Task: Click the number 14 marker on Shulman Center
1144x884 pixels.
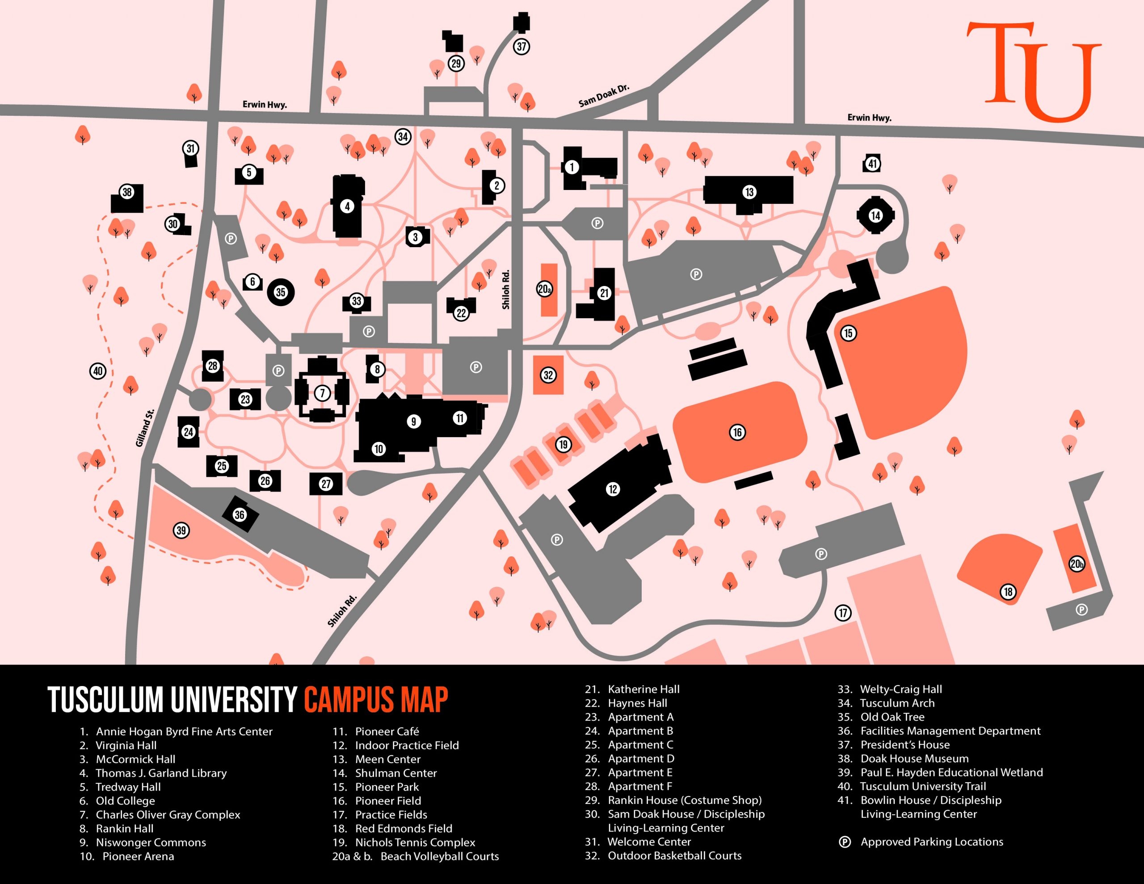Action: (x=875, y=215)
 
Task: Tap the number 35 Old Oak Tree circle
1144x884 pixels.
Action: (x=281, y=292)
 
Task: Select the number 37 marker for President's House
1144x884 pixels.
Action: (x=521, y=46)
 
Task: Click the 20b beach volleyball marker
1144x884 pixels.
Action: (x=1077, y=564)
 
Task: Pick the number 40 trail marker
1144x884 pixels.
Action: (x=98, y=371)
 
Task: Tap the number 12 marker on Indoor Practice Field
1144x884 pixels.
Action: (x=613, y=489)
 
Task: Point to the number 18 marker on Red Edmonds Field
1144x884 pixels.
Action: (x=1008, y=592)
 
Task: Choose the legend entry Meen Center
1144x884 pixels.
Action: (x=387, y=759)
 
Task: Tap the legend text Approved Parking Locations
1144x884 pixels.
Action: (x=931, y=842)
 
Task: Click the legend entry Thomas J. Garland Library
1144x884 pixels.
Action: (x=161, y=773)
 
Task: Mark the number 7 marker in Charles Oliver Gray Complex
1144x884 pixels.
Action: (x=322, y=392)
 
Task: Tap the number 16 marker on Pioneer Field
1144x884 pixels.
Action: (x=737, y=432)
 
